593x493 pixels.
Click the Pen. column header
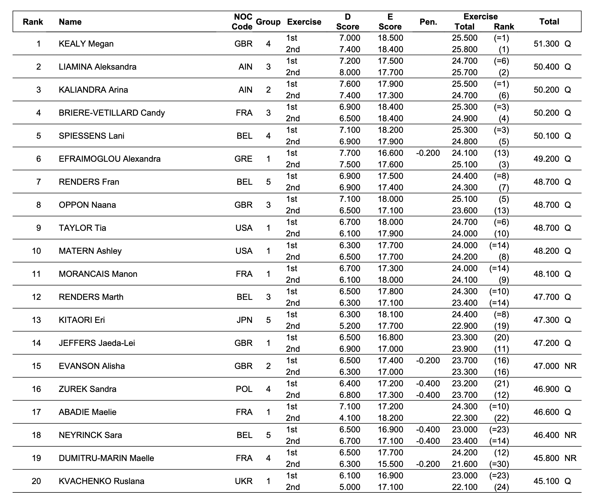pos(428,22)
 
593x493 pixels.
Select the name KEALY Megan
pos(86,44)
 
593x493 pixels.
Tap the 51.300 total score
pos(546,44)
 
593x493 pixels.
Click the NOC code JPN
pos(244,320)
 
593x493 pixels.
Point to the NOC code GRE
pos(243,159)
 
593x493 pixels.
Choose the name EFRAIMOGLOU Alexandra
pos(110,159)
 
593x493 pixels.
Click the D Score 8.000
pos(350,72)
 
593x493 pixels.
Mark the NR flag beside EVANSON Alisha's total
pos(570,366)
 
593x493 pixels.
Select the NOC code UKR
pos(243,481)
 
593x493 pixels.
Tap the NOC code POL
pos(244,389)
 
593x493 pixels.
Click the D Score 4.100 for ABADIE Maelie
pos(350,418)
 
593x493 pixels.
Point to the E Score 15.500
pos(391,464)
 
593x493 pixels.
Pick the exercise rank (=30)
pos(499,464)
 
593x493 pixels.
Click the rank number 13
pos(37,320)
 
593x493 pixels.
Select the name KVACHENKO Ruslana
pos(101,481)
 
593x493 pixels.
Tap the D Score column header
pos(348,22)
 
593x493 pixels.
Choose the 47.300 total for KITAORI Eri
pos(546,320)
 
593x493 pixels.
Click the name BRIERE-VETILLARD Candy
pos(111,113)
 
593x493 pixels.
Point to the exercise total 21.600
pos(464,464)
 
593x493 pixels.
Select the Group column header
pos(268,22)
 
